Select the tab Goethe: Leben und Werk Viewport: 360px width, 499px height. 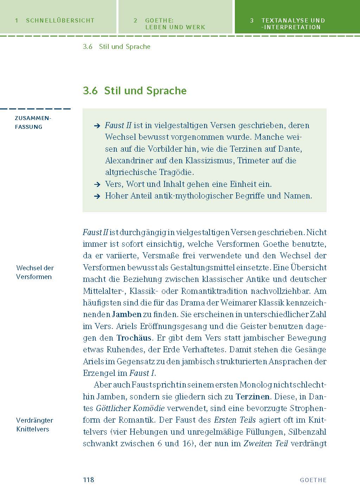pos(175,24)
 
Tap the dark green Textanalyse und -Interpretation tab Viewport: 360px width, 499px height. pos(293,24)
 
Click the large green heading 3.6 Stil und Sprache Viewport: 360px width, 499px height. pos(135,91)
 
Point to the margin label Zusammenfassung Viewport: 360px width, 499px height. pos(33,122)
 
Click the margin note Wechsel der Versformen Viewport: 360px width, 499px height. pos(35,272)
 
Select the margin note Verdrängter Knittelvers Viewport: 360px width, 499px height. pos(34,424)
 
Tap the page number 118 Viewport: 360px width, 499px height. pos(88,480)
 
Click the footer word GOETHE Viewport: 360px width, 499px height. pos(313,480)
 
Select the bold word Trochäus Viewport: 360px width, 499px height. pos(134,338)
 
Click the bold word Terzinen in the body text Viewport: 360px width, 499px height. pos(252,397)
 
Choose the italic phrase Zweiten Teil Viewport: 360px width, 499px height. pos(265,443)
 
